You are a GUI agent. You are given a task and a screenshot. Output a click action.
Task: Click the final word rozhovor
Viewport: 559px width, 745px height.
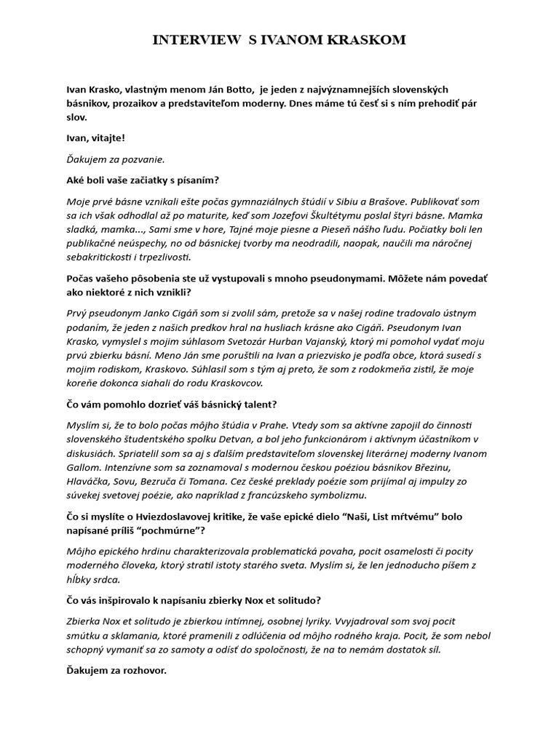pyautogui.click(x=143, y=670)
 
